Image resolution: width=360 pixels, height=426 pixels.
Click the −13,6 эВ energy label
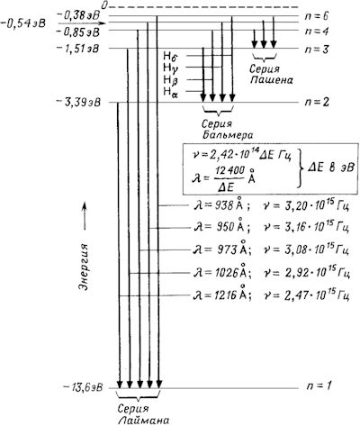coord(83,386)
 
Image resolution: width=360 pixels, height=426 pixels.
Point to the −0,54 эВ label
coord(23,23)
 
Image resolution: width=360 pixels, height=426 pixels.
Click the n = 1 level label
coord(319,385)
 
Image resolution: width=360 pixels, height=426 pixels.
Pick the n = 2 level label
coord(317,102)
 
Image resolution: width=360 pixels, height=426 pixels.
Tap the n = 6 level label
coord(317,15)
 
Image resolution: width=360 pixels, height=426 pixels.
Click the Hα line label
coord(170,91)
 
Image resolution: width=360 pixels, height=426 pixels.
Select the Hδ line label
coord(171,56)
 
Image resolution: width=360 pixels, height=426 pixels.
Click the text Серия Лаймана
coord(139,414)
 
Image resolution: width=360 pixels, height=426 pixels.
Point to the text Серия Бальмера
coord(227,130)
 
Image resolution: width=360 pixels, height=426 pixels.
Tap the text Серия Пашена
coord(271,75)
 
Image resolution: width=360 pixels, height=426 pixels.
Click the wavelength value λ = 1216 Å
coord(222,295)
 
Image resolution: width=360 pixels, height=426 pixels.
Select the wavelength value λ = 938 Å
coord(221,204)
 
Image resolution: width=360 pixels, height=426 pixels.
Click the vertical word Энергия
coord(85,267)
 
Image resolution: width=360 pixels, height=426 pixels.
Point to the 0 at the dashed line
coord(104,5)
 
